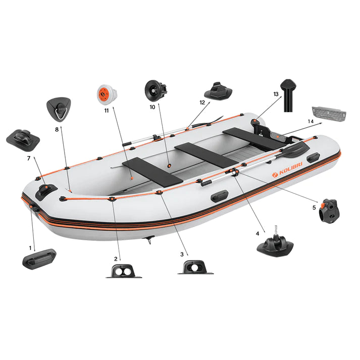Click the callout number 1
pos(30,248)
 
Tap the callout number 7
pos(29,158)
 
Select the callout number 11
pos(107,110)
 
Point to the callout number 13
pos(276,94)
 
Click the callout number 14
pos(311,122)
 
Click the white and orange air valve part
pos(107,93)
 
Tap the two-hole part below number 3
pos(195,268)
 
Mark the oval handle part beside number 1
pos(39,259)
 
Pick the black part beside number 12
pos(218,91)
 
